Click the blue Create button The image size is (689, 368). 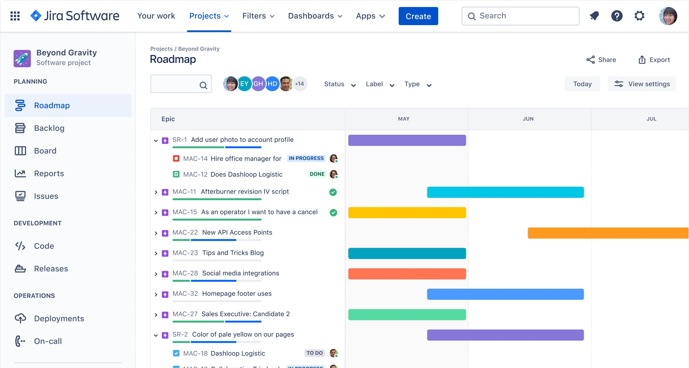[x=418, y=16]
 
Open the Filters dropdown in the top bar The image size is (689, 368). [x=258, y=16]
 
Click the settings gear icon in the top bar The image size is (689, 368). [x=639, y=16]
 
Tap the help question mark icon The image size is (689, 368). [x=616, y=16]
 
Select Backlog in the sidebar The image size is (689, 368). [x=49, y=128]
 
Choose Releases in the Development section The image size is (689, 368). [x=51, y=269]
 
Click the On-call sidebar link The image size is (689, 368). [x=48, y=341]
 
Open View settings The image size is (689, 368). [x=642, y=84]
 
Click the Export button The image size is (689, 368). [x=654, y=60]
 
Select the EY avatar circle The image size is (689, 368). [x=244, y=84]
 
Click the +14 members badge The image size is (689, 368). [x=300, y=84]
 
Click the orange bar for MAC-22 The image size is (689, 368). [x=608, y=233]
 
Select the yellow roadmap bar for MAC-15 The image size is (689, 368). [x=407, y=213]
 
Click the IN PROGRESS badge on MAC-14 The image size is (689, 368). [x=306, y=158]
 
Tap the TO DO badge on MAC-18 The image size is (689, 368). [x=314, y=353]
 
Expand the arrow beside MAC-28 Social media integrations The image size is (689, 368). [x=156, y=274]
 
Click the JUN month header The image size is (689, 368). [x=528, y=119]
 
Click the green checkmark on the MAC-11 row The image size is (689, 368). [x=333, y=192]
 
